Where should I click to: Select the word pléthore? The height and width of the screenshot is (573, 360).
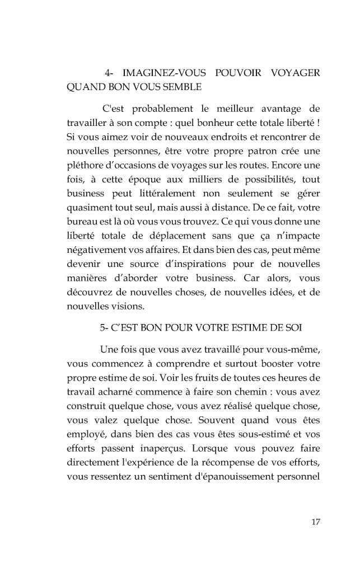[87, 166]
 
